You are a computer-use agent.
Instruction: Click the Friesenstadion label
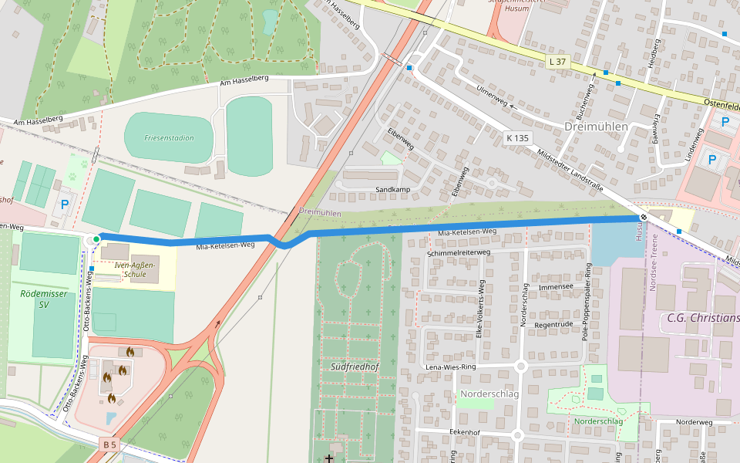coord(169,138)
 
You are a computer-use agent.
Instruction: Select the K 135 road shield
coord(518,138)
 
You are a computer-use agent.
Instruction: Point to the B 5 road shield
coord(110,444)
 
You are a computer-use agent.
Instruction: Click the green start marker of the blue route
coord(96,240)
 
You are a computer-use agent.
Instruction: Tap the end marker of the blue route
coord(643,218)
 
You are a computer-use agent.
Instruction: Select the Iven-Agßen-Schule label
coord(134,269)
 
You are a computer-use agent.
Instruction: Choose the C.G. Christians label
coord(703,319)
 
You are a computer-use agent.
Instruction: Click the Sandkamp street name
coord(392,189)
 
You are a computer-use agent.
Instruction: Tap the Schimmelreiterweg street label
coord(459,252)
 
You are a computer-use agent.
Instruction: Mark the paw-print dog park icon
coord(73,175)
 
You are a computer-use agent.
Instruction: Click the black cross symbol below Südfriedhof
coord(329,459)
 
